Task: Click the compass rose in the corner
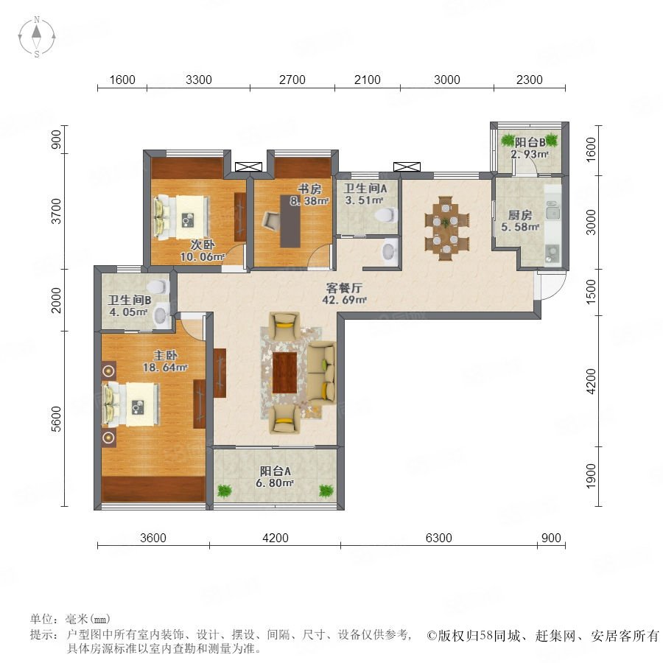[37, 36]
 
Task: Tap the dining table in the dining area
[446, 228]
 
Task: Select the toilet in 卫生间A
[386, 215]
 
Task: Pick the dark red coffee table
[284, 373]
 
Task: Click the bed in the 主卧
[131, 404]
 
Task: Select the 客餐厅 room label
[344, 288]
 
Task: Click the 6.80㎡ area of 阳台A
[275, 483]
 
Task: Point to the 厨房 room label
[520, 215]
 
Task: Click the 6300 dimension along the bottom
[438, 538]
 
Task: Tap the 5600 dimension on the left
[56, 419]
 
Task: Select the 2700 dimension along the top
[292, 80]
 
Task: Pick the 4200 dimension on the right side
[591, 381]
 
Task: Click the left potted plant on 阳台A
[225, 491]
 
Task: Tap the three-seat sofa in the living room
[321, 373]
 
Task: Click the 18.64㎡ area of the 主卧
[165, 368]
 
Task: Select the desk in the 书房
[290, 221]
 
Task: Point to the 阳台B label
[530, 143]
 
